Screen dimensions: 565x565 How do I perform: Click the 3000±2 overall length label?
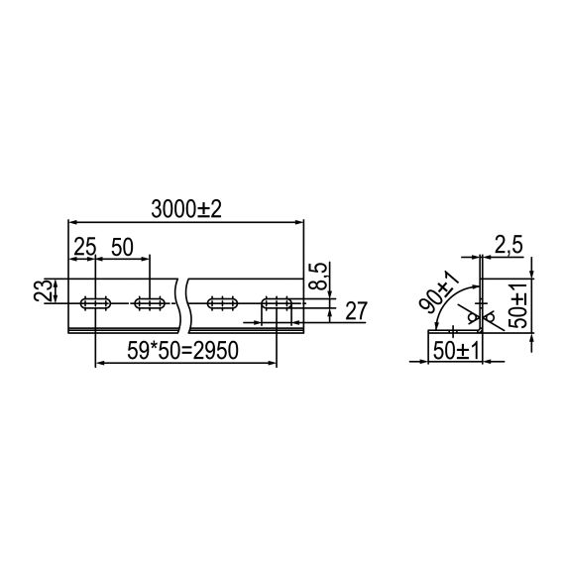pos(185,209)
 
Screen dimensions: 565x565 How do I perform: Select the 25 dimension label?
pos(83,248)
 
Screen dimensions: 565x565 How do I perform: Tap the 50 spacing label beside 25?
pos(123,248)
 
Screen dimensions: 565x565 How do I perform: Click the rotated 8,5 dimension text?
pos(317,277)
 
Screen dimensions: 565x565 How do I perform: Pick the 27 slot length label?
pos(357,311)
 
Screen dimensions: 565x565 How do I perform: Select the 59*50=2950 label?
pos(185,351)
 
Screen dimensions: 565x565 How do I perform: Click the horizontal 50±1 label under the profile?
pos(453,351)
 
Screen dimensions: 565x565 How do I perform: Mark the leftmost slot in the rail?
pos(95,302)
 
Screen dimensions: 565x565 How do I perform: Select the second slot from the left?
pos(150,302)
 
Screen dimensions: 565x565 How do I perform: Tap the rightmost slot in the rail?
pos(277,302)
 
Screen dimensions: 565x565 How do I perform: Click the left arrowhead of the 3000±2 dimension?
pos(72,221)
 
